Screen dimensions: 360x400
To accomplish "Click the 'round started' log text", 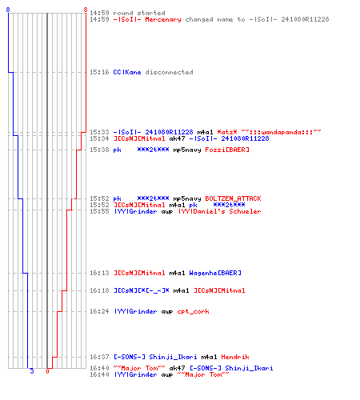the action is tap(139, 13).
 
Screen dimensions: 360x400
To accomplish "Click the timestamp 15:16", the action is tap(99, 72).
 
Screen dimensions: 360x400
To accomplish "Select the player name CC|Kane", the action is tap(127, 72).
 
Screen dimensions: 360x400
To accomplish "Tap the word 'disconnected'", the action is tap(169, 72).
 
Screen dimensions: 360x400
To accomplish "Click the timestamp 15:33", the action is tap(99, 132).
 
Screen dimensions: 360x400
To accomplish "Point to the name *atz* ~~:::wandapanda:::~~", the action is tap(269, 132).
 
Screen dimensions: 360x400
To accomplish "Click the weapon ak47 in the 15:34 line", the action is tap(177, 138).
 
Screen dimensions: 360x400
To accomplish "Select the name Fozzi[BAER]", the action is tap(227, 150).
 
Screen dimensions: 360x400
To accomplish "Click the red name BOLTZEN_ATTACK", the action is tap(233, 198).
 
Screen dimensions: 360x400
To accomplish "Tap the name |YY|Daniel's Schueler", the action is tap(219, 211).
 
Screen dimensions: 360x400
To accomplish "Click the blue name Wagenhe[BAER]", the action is tap(215, 273).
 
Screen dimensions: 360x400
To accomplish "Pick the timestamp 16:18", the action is tap(99, 290).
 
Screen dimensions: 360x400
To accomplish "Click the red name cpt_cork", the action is tap(193, 311).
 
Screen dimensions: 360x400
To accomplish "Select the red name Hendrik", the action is tap(235, 357).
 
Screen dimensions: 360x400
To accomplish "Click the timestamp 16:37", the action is tap(99, 357).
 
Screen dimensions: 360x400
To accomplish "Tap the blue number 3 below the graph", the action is tap(32, 371).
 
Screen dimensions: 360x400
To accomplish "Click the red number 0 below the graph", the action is tap(47, 371).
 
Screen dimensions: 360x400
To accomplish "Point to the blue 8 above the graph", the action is tap(8, 10).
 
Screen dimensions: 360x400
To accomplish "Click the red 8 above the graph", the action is tap(86, 10).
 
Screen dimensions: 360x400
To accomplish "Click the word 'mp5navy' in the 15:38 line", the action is tap(187, 150).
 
